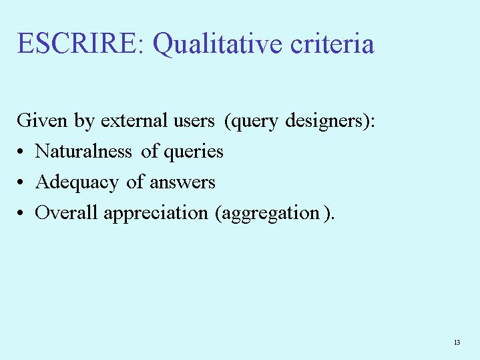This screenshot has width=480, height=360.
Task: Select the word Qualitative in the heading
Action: click(217, 44)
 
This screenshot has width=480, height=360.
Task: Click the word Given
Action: click(41, 120)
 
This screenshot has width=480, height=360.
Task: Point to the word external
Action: click(134, 120)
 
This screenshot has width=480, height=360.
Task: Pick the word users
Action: click(194, 122)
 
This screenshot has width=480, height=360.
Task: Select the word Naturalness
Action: click(83, 151)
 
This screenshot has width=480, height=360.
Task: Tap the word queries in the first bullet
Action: click(194, 152)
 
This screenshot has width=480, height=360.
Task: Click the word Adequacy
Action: click(77, 182)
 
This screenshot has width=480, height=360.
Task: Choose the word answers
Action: click(182, 183)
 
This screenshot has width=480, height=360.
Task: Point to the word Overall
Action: click(66, 212)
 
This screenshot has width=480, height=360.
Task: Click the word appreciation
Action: click(156, 214)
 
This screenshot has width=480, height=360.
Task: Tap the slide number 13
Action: click(457, 342)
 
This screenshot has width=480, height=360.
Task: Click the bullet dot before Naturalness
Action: click(20, 152)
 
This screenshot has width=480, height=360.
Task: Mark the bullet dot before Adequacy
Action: click(20, 182)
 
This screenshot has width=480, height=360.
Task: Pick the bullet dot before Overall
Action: click(20, 213)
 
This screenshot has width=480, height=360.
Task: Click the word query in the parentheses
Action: click(254, 122)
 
